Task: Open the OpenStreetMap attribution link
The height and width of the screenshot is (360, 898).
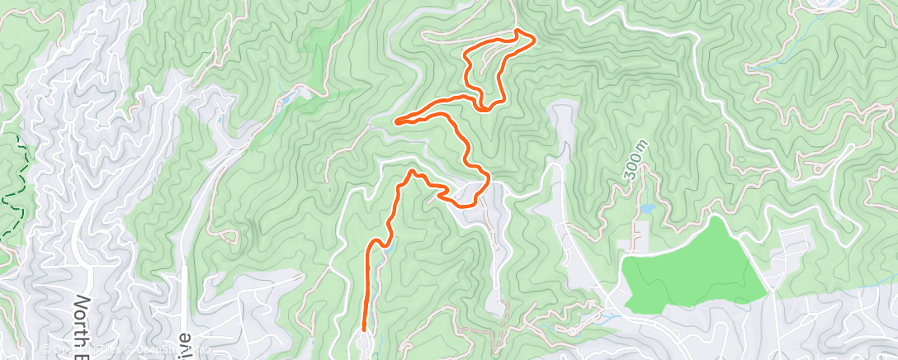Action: click(157, 349)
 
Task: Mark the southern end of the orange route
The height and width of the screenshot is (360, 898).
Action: click(364, 329)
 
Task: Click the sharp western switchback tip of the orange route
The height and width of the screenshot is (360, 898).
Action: click(397, 122)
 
